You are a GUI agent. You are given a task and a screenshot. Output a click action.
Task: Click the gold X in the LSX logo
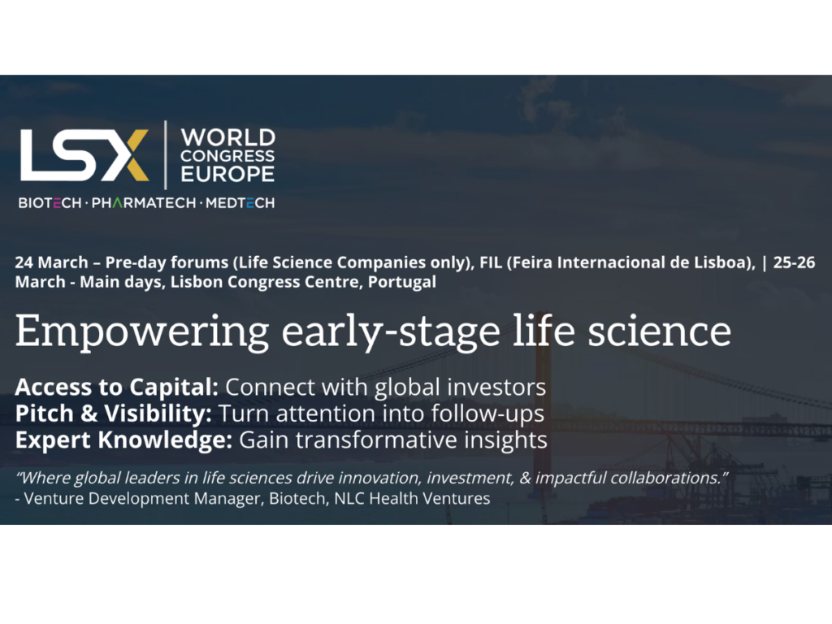point(129,155)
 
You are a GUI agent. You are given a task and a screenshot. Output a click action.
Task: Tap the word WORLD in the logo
point(228,138)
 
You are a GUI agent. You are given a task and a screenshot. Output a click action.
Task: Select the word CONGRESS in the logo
point(227,156)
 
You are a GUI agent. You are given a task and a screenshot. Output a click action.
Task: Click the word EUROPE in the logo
point(227,174)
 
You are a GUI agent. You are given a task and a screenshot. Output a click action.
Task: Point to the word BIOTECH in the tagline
point(50,203)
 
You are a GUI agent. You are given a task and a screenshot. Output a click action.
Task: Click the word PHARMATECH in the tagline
point(144,203)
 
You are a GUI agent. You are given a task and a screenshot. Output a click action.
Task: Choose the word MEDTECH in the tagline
point(240,203)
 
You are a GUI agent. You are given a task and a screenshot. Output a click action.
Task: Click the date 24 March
point(51,262)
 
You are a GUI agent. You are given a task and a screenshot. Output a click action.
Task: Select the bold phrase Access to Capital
point(117,388)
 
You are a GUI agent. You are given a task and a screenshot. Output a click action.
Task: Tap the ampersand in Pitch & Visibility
point(89,414)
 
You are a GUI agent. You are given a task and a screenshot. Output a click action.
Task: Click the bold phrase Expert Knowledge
point(123,440)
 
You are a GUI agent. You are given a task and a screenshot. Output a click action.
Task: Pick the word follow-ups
point(487,414)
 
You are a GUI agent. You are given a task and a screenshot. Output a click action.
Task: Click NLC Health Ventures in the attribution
point(412,499)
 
